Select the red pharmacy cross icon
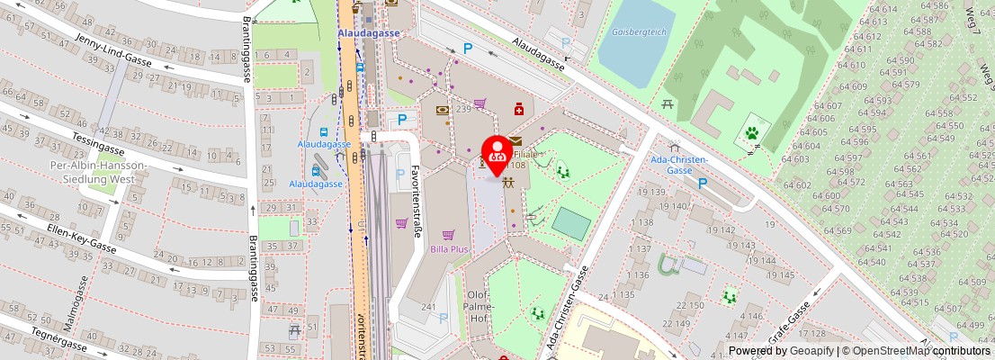point(519,110)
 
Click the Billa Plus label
point(449,249)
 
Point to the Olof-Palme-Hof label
point(479,305)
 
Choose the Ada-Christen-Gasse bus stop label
point(679,165)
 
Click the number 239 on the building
point(463,109)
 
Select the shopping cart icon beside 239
point(480,103)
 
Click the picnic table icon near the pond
point(668,105)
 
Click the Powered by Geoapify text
point(781,351)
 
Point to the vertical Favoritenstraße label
point(417,200)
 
